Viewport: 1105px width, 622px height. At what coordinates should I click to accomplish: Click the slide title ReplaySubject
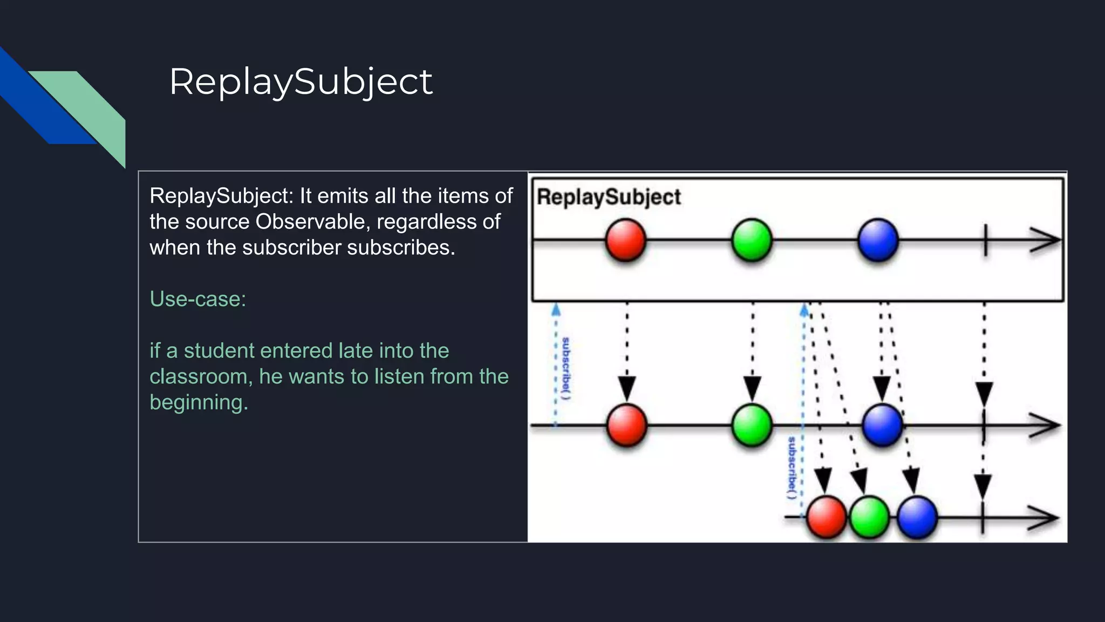301,82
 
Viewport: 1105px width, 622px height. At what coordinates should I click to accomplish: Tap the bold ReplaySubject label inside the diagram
609,197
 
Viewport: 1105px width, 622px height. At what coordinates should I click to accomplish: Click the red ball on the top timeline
625,240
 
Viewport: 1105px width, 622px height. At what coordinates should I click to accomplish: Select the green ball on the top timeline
752,240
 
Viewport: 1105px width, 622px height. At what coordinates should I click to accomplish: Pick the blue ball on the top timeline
878,240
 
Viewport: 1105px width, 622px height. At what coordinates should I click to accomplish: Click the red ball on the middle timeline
626,425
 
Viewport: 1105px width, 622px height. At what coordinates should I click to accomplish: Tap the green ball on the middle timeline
752,425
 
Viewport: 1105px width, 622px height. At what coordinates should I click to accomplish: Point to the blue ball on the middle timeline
882,425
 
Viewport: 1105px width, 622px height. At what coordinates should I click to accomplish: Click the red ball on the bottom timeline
826,517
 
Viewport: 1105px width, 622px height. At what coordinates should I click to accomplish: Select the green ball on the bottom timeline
869,517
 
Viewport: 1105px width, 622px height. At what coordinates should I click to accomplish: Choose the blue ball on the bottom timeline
917,517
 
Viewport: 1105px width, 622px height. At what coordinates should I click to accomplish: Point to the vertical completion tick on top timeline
985,240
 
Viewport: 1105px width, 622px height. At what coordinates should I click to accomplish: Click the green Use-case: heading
197,299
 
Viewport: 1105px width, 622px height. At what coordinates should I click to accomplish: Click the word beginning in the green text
199,402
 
